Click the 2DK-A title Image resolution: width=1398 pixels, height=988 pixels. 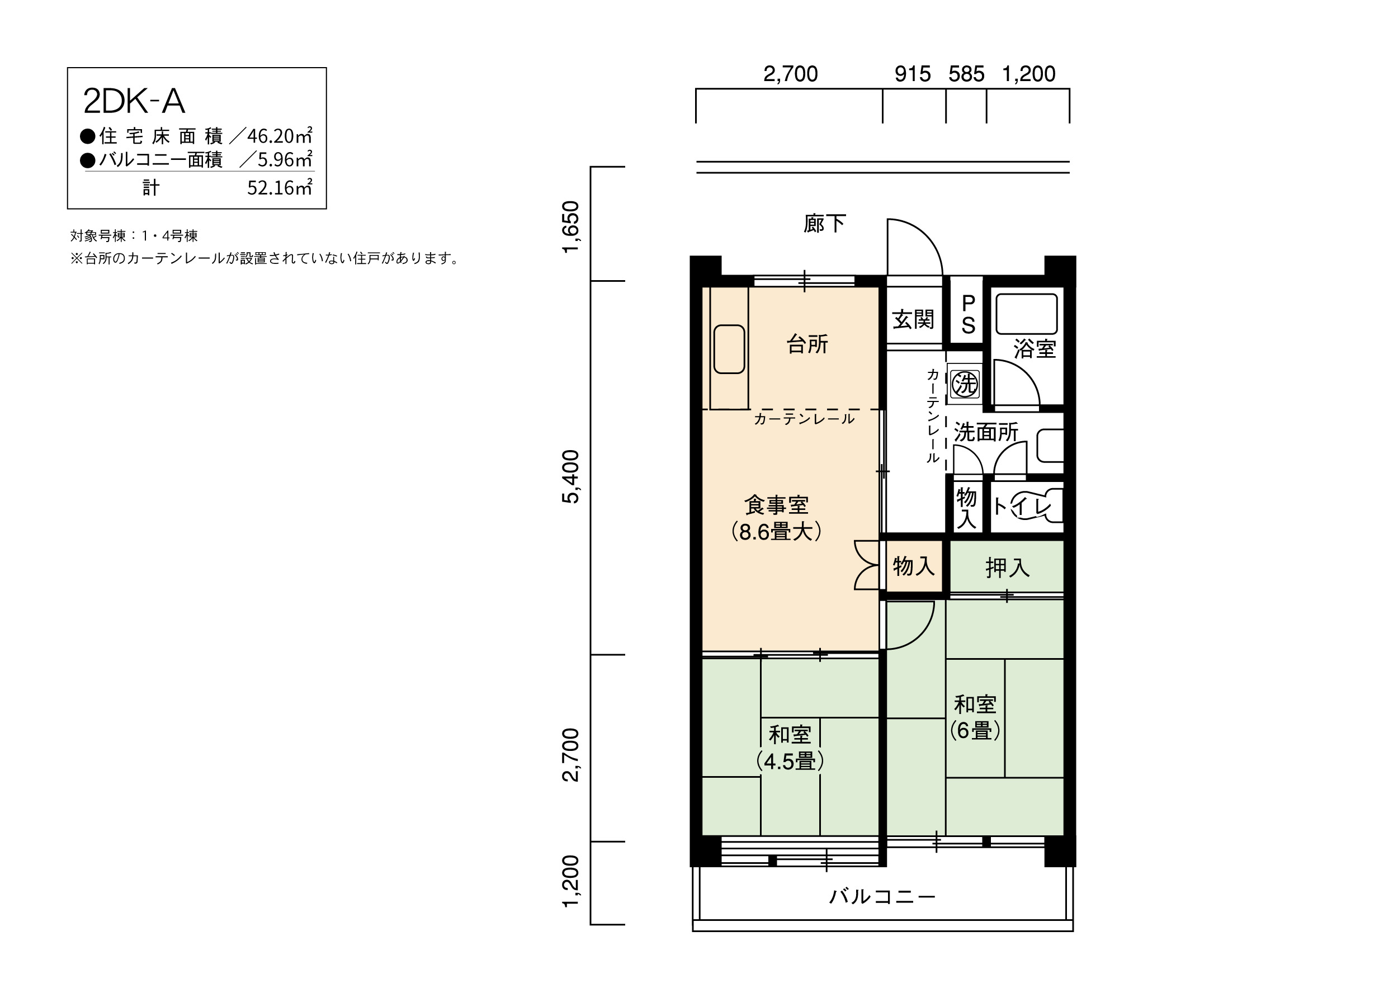[x=134, y=101]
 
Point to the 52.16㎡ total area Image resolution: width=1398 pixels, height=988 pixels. [x=280, y=187]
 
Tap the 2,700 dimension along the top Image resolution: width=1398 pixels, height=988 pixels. [x=790, y=74]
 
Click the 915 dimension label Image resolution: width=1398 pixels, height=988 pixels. [x=912, y=74]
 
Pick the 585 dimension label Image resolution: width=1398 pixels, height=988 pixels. [x=966, y=74]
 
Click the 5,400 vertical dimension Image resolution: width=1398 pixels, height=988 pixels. [x=570, y=476]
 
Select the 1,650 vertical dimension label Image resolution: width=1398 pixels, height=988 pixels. [x=570, y=226]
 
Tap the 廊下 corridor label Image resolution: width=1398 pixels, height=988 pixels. [x=824, y=224]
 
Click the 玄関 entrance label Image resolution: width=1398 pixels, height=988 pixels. [x=913, y=319]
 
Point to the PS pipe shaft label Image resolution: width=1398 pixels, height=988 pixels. [x=968, y=314]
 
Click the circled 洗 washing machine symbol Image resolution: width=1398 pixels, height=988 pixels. [x=965, y=384]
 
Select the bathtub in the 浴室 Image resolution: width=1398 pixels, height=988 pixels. [x=1027, y=314]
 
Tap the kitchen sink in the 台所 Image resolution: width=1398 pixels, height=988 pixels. [x=729, y=349]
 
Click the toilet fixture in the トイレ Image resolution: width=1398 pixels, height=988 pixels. [x=1035, y=505]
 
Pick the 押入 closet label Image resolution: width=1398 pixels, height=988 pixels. [x=1008, y=568]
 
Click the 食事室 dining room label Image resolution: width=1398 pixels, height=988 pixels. [x=776, y=505]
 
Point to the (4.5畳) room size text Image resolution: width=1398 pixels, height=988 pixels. [x=790, y=762]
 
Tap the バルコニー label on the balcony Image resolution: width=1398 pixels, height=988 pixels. [x=882, y=896]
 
